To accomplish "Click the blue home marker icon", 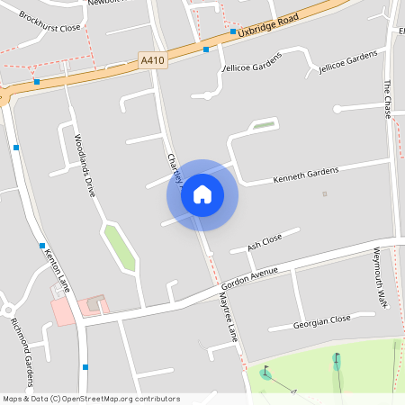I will [x=202, y=194].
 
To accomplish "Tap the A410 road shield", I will [x=152, y=60].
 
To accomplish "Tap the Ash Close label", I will [x=265, y=240].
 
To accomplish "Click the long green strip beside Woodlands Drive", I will [x=120, y=247].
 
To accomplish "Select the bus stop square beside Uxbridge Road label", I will [x=233, y=31].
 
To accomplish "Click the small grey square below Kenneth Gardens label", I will [x=325, y=193].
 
